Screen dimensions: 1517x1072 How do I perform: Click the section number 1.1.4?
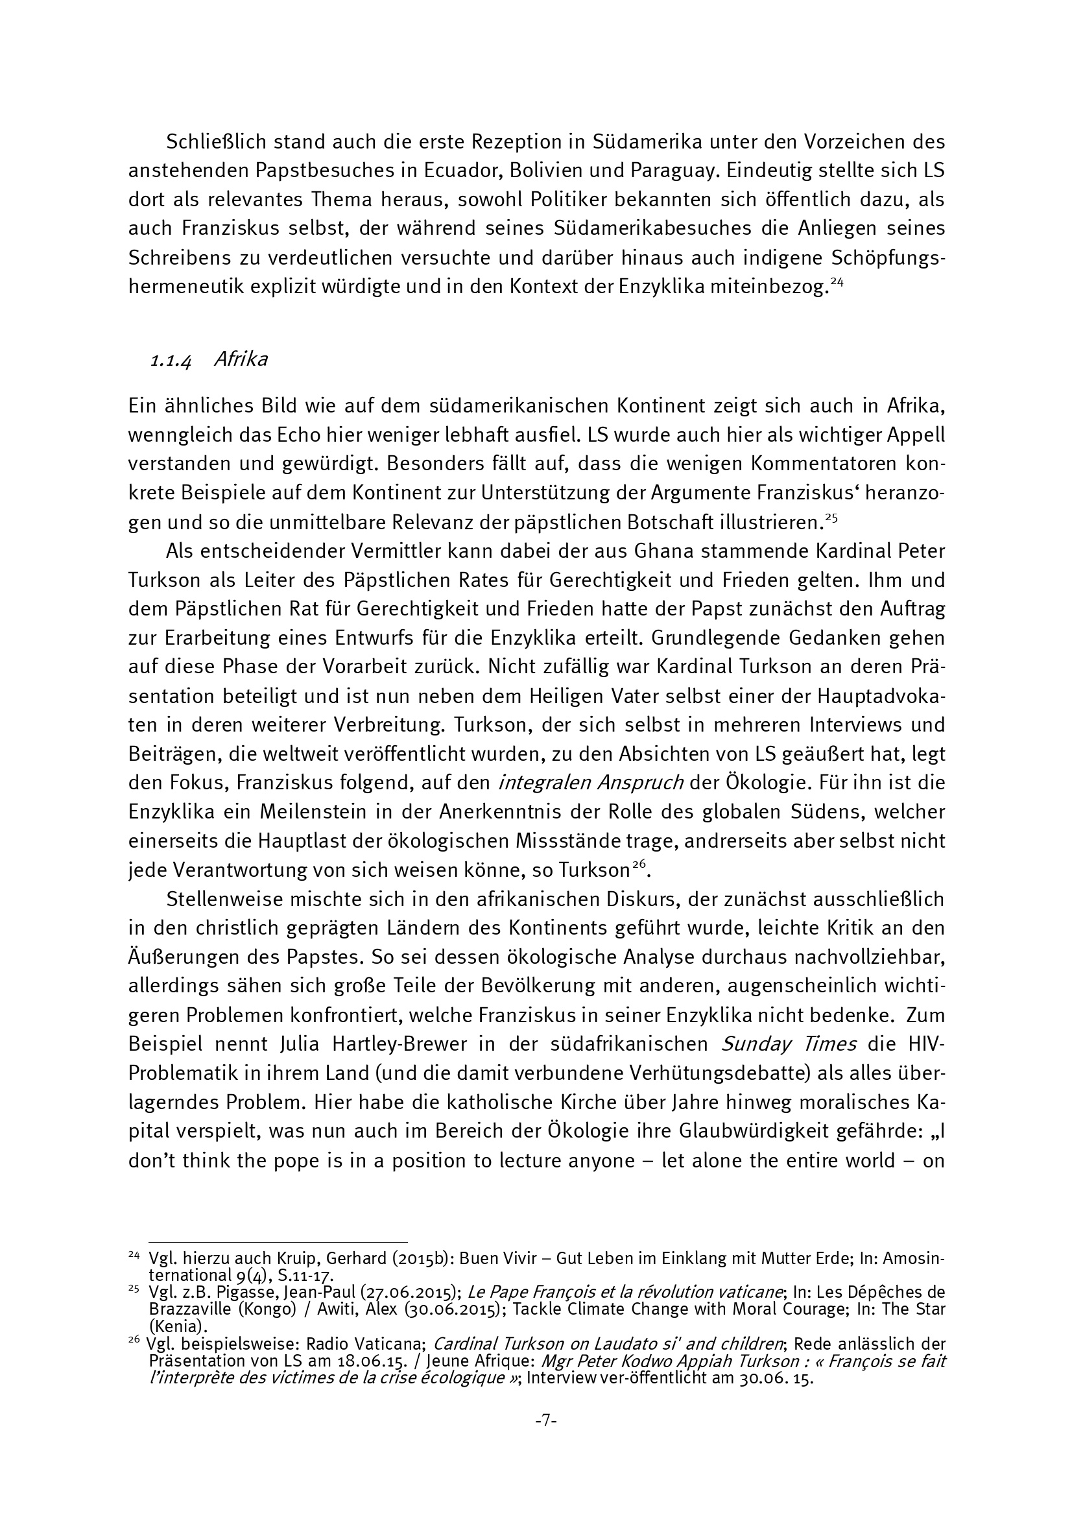coord(171,361)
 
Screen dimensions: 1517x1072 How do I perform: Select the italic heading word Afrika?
coord(241,359)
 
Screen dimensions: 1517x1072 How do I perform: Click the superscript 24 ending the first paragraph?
coord(836,281)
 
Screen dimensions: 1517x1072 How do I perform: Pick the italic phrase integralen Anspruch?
coord(591,783)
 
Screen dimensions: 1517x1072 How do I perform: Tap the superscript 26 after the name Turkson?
coord(638,866)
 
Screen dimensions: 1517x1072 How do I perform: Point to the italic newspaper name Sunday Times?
coord(789,1044)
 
